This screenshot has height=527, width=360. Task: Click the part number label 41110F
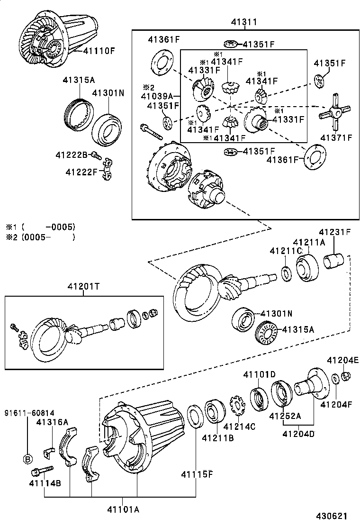click(99, 50)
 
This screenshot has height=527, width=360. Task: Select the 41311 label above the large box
click(244, 22)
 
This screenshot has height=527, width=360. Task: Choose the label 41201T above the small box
click(83, 286)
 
